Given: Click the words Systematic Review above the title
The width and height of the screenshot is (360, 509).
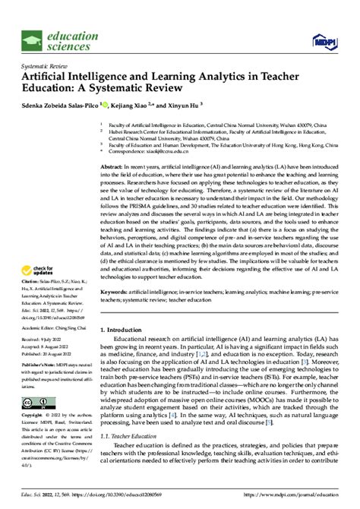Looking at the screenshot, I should click(44, 65).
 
